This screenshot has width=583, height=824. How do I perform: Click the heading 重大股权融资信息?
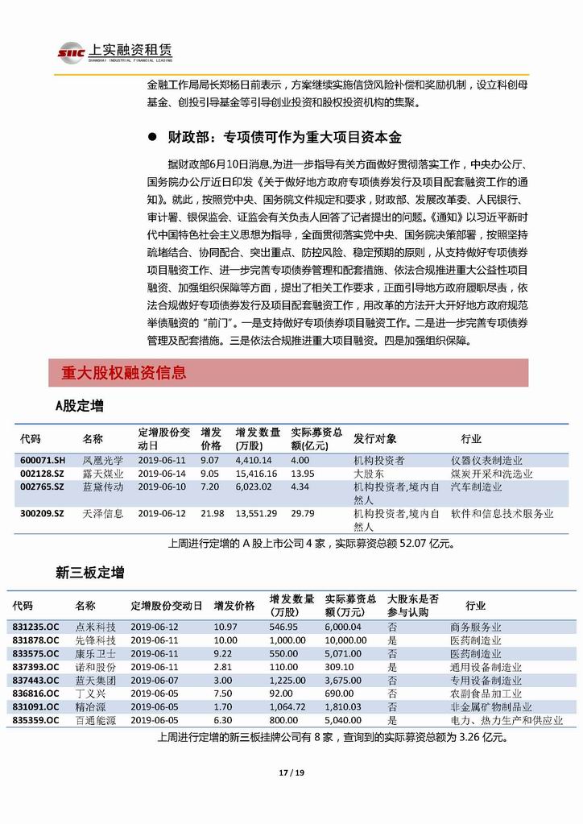click(123, 373)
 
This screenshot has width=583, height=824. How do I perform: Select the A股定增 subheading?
click(79, 406)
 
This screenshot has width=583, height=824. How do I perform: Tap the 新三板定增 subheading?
click(89, 573)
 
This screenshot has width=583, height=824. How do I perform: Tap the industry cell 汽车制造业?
click(475, 487)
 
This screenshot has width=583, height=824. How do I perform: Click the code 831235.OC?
click(35, 627)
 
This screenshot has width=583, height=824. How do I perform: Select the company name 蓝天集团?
click(95, 680)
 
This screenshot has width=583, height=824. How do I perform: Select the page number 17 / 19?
click(291, 773)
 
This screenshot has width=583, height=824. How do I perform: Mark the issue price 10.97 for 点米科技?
click(226, 627)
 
